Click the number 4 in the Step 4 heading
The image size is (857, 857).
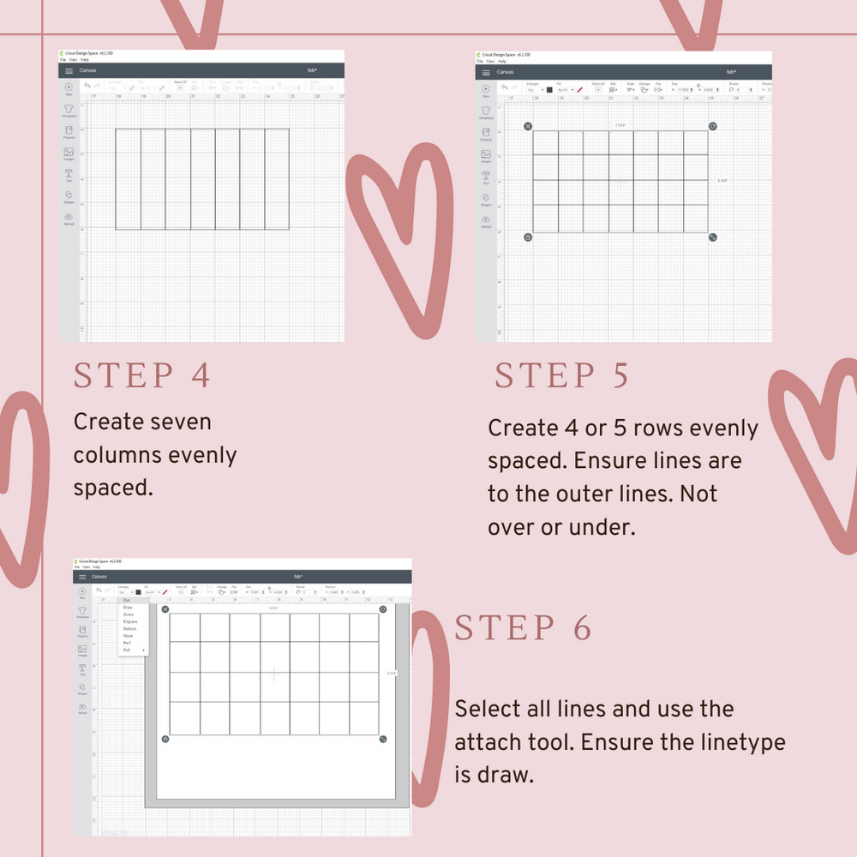pyautogui.click(x=201, y=376)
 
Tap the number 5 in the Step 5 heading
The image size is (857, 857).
pyautogui.click(x=620, y=376)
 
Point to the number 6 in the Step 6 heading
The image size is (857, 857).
pyautogui.click(x=582, y=628)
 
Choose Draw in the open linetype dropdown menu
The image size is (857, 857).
pyautogui.click(x=128, y=608)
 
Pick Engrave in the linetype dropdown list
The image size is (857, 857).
pyautogui.click(x=130, y=621)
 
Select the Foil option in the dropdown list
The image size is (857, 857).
pyautogui.click(x=127, y=650)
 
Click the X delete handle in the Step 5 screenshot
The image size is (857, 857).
pyautogui.click(x=528, y=126)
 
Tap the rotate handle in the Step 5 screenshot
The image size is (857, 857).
pyautogui.click(x=712, y=126)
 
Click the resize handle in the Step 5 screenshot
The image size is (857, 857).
pyautogui.click(x=712, y=237)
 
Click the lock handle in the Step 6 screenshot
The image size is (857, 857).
pyautogui.click(x=165, y=739)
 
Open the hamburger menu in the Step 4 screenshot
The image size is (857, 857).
pyautogui.click(x=69, y=70)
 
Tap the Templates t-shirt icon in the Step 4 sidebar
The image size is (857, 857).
pyautogui.click(x=69, y=109)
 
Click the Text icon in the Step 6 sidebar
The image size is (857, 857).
pyautogui.click(x=82, y=668)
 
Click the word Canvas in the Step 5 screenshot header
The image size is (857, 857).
pyautogui.click(x=506, y=72)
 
